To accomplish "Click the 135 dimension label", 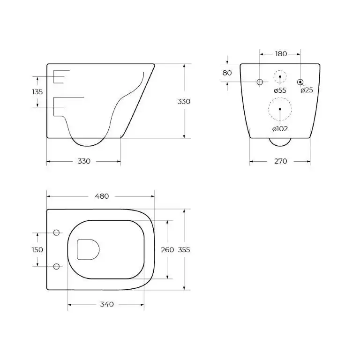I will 37,92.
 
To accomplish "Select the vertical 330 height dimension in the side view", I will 184,101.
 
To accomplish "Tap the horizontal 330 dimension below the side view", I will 83,161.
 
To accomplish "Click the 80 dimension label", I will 227,73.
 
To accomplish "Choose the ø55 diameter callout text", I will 280,90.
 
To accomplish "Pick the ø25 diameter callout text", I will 307,90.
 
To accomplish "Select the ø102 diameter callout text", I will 280,128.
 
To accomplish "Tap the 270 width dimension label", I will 280,161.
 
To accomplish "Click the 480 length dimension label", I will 102,196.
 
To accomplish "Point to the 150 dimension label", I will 37,250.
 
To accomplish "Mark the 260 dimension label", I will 167,250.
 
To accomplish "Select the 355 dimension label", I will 184,250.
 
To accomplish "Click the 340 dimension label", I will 107,304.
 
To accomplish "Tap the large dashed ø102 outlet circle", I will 280,109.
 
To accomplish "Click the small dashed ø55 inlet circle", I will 280,76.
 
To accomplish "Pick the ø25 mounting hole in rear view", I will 300,82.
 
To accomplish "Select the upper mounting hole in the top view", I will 57,233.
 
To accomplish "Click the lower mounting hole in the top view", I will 57,266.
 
